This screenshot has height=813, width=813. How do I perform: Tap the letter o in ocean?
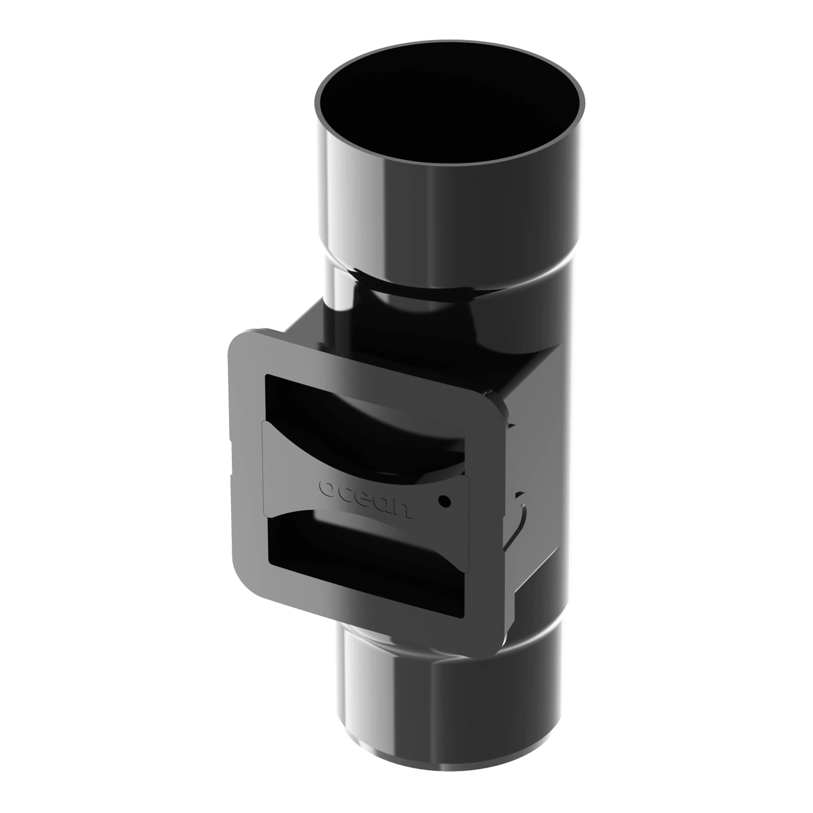[327, 487]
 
